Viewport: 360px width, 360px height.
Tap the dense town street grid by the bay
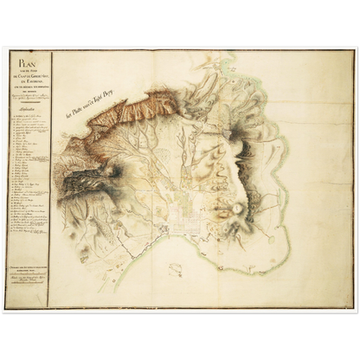point(189,222)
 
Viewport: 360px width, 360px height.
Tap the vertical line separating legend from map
point(51,173)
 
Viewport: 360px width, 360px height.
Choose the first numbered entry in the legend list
point(26,116)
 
